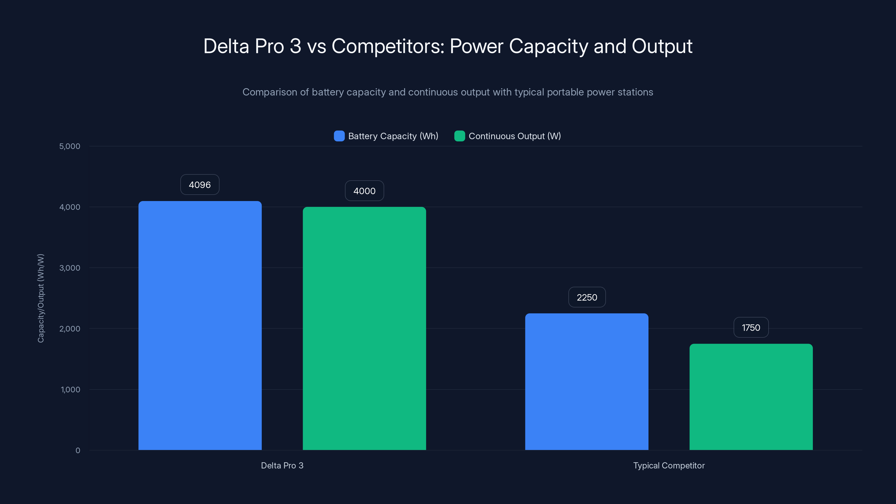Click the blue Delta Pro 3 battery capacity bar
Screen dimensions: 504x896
(x=200, y=325)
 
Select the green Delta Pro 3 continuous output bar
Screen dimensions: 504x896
(x=364, y=328)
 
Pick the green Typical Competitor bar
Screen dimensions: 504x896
(x=751, y=397)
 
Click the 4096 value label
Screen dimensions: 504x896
(x=200, y=185)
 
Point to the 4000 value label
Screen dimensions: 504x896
(x=364, y=191)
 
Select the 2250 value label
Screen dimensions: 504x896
(x=587, y=297)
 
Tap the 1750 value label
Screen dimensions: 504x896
(x=751, y=328)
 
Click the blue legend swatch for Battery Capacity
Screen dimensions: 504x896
(x=339, y=136)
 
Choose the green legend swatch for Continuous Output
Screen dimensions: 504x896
(x=459, y=136)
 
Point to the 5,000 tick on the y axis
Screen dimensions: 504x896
(x=69, y=146)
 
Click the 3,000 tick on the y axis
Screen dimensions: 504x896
(x=69, y=268)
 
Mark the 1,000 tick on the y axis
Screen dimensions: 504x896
(x=70, y=389)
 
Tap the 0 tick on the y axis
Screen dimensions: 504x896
(x=78, y=451)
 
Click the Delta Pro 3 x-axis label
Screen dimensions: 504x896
(x=282, y=465)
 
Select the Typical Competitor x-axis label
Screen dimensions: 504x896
(x=669, y=465)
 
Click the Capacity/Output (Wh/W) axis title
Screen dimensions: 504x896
(x=41, y=298)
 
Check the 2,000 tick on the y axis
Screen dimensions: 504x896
(x=69, y=329)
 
